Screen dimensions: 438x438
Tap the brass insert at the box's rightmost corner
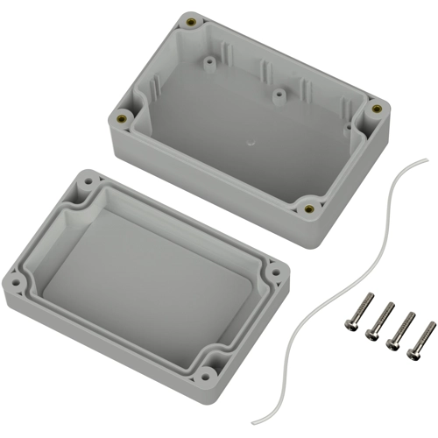(377, 109)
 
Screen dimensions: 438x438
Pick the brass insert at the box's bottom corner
(308, 208)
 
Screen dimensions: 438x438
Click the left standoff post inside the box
(210, 63)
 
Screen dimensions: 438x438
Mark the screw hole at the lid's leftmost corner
(14, 283)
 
